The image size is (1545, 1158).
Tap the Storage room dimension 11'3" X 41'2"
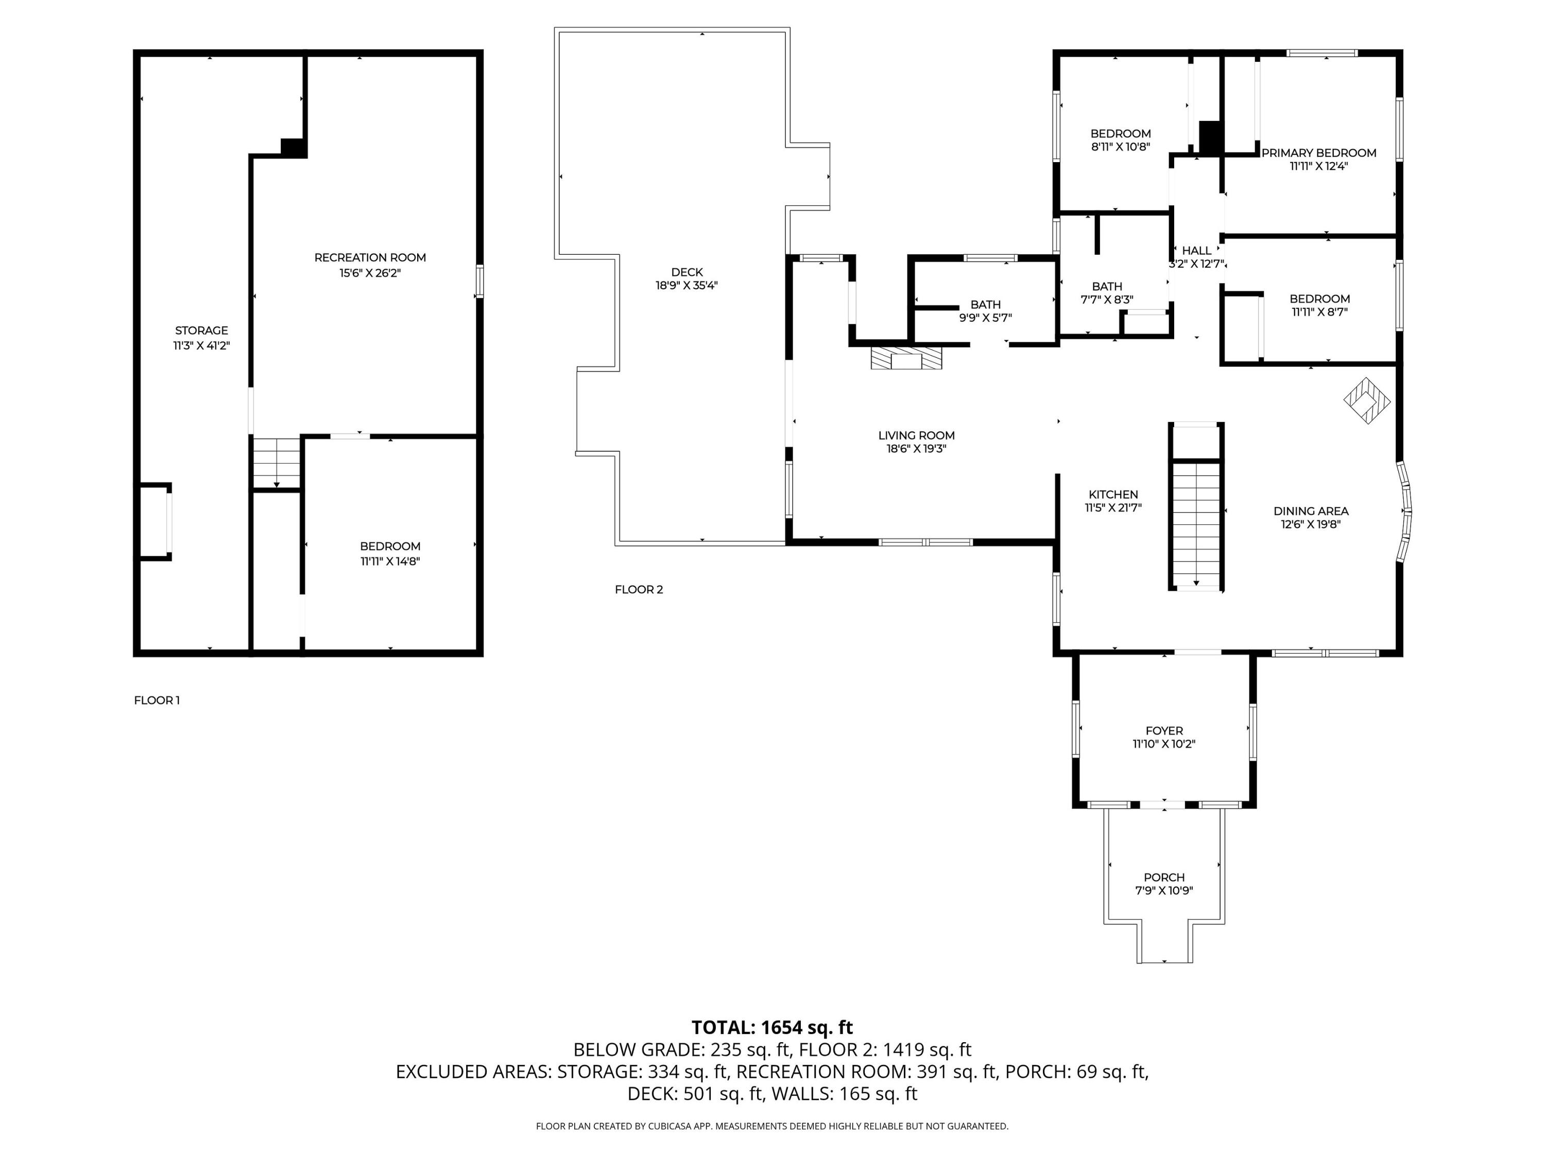click(202, 345)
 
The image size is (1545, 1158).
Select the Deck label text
click(688, 272)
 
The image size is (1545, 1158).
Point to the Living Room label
click(916, 435)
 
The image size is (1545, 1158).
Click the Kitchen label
click(1113, 494)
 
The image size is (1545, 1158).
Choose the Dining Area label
click(1311, 511)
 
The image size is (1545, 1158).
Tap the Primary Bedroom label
click(1319, 153)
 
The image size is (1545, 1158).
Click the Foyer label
click(1164, 731)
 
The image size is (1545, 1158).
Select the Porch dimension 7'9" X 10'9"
click(1164, 891)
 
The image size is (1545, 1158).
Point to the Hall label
click(1196, 251)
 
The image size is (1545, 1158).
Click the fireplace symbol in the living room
click(906, 357)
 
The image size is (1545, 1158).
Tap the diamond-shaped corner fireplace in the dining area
click(1367, 400)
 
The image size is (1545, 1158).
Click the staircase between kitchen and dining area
click(1196, 525)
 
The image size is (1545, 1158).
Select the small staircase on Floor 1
click(277, 463)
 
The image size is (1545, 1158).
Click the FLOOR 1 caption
click(157, 700)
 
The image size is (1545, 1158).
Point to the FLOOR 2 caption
click(639, 589)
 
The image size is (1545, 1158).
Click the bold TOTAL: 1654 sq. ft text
click(772, 1027)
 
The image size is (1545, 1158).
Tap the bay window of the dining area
click(1404, 512)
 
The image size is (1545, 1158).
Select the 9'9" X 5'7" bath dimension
click(986, 318)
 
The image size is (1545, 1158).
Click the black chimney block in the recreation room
click(294, 147)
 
